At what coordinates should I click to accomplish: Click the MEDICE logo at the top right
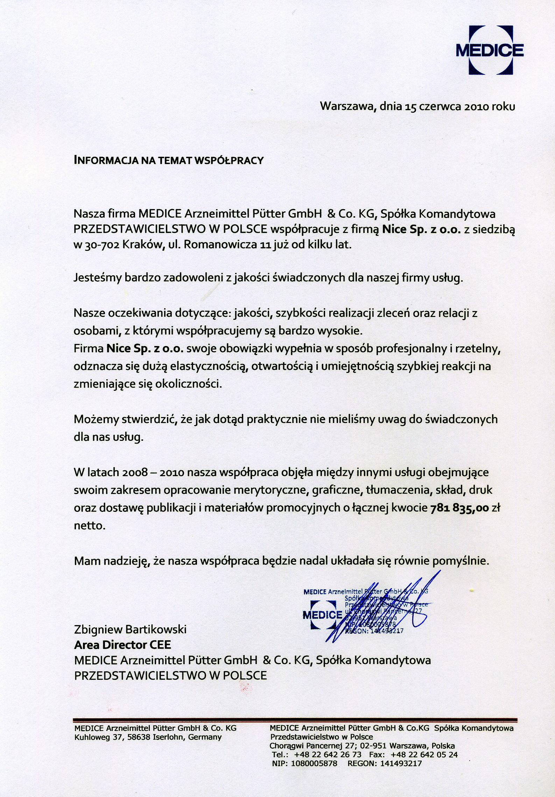point(490,50)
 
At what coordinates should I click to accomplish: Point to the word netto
point(89,526)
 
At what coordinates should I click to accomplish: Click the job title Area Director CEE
point(122,645)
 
